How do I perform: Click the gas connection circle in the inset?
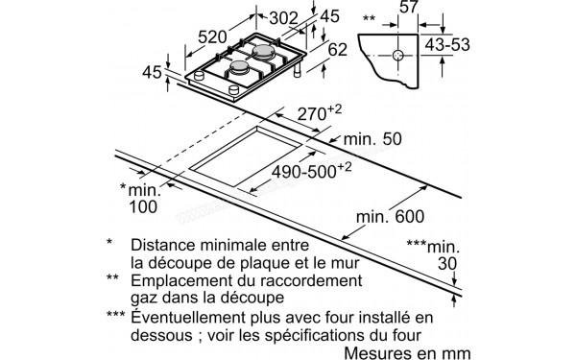pyautogui.click(x=396, y=57)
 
